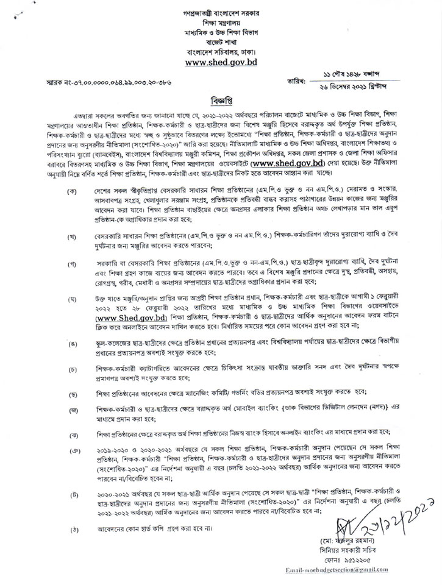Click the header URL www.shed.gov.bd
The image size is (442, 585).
221,62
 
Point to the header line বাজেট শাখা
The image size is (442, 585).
221,41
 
